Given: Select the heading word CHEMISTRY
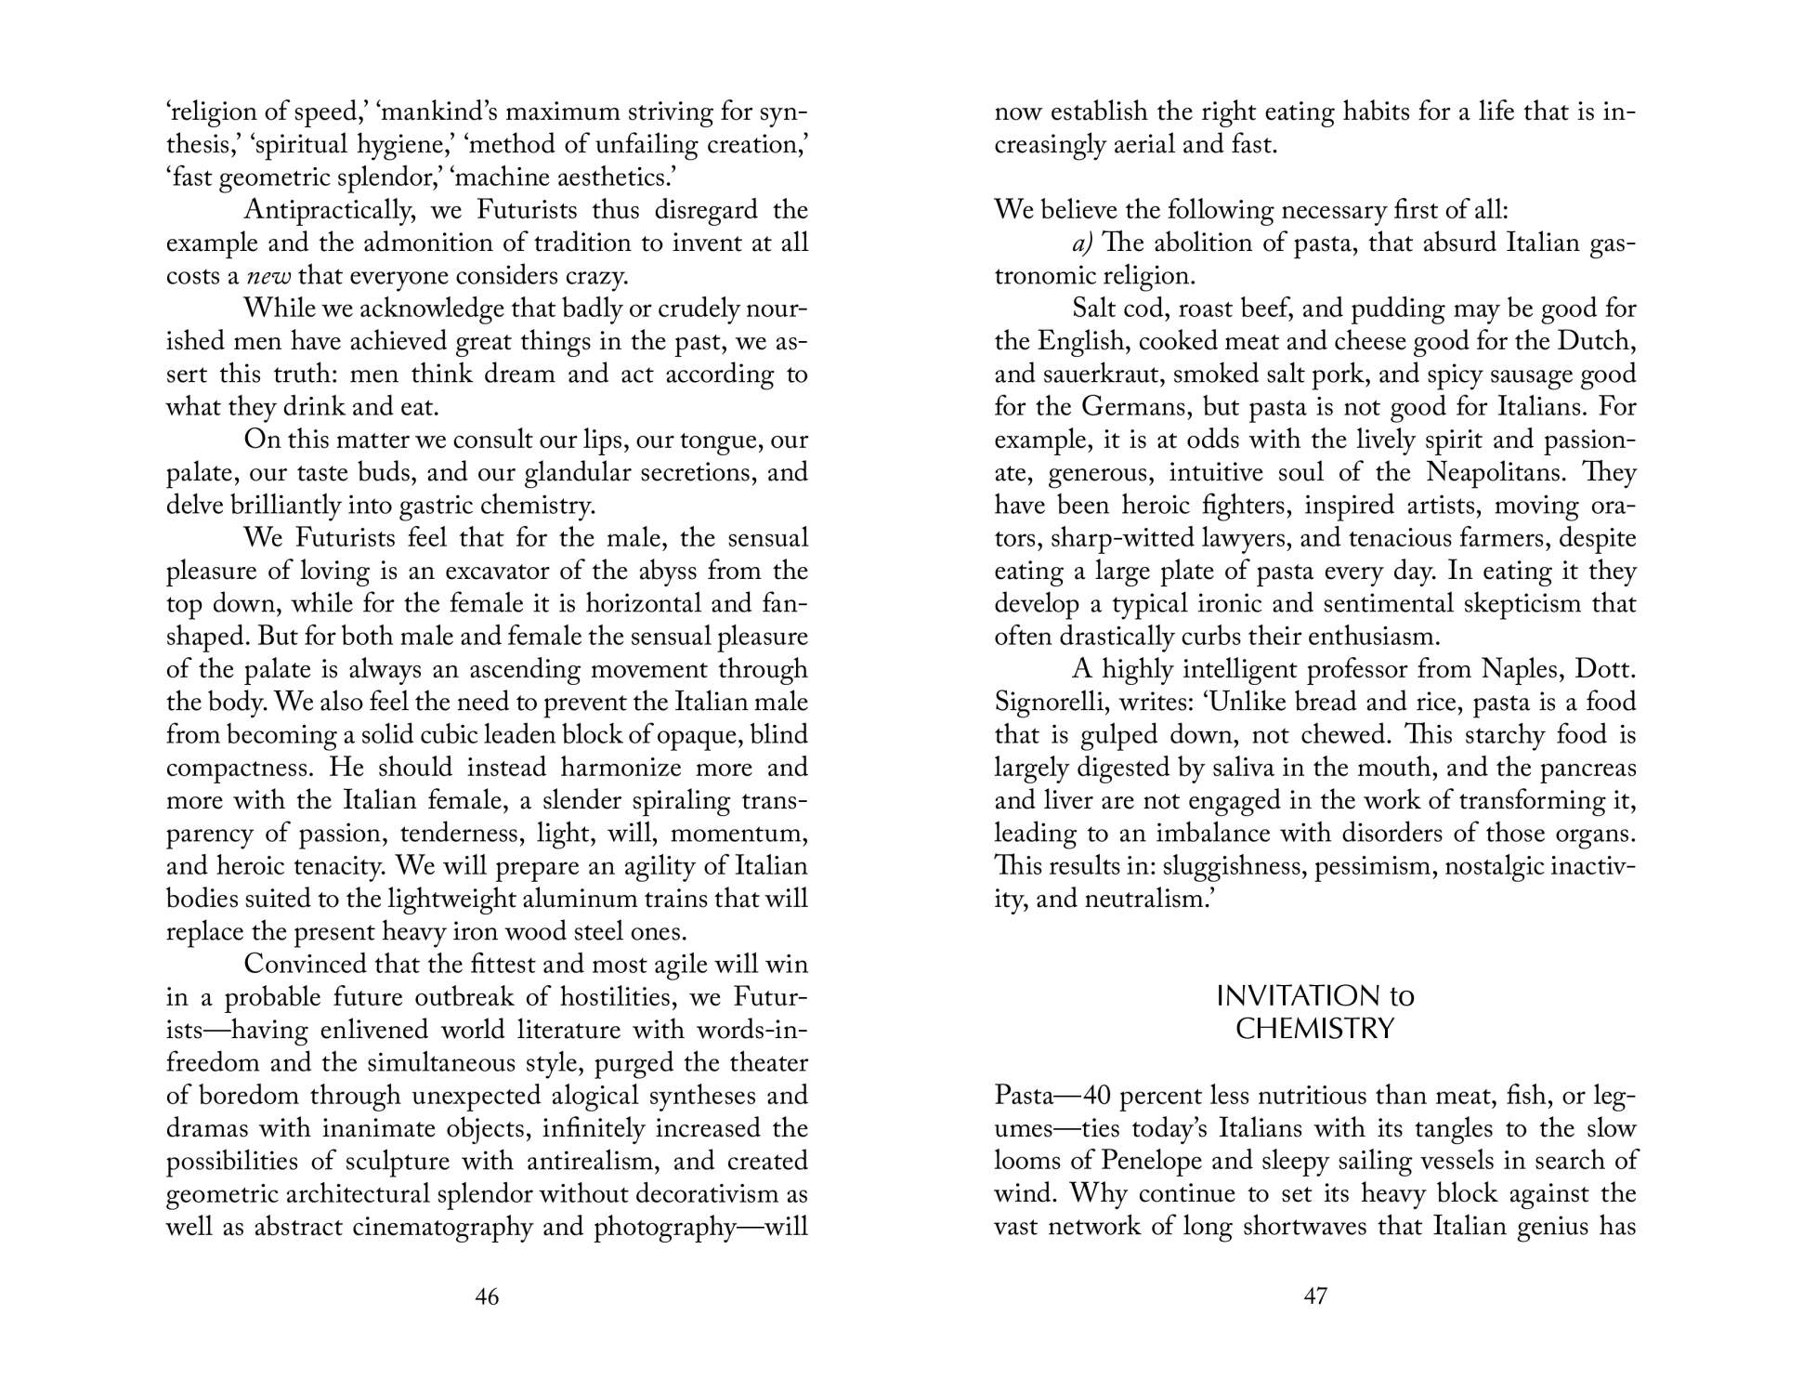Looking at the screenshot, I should (1315, 1030).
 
